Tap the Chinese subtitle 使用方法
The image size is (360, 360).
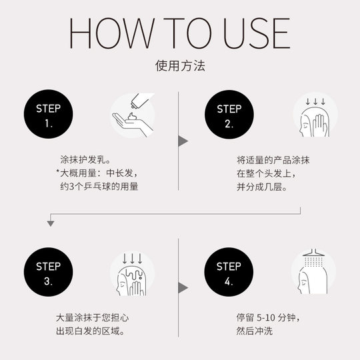[180, 67]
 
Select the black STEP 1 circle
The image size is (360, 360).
[48, 115]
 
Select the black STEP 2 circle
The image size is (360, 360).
[228, 115]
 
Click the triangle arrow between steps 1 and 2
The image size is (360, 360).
[183, 141]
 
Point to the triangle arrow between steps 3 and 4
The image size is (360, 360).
[183, 287]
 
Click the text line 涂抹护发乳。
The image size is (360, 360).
[85, 161]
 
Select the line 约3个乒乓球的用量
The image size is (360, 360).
[99, 187]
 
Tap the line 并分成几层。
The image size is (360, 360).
[261, 187]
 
